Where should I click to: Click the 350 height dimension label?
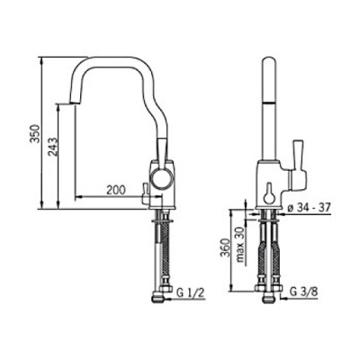(x=36, y=133)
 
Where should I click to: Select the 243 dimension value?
(x=53, y=147)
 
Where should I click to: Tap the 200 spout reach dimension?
(x=116, y=190)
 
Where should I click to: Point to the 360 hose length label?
(x=226, y=247)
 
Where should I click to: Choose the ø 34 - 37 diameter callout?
(x=309, y=207)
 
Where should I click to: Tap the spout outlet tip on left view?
(x=74, y=103)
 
